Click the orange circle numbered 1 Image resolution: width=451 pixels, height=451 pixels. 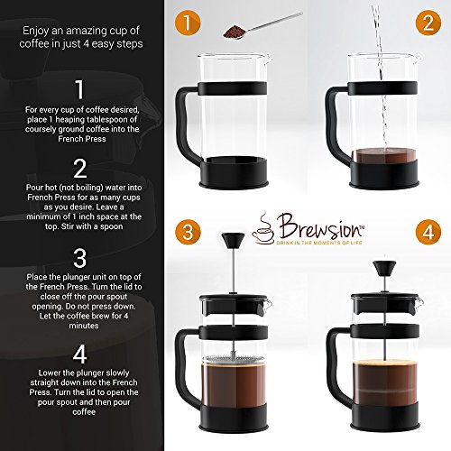point(188,23)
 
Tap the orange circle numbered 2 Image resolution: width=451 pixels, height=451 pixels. point(428,23)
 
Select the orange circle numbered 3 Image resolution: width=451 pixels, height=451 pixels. point(188,232)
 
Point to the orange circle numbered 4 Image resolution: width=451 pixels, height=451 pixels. point(428,232)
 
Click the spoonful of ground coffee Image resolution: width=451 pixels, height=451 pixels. point(235,32)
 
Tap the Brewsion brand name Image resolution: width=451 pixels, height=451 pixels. point(320,227)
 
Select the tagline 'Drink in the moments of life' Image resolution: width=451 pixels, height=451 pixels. point(319,243)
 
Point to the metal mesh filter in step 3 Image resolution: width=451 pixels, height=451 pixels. point(234,359)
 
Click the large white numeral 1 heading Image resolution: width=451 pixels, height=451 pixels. point(79,89)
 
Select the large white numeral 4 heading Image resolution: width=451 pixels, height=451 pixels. point(80,354)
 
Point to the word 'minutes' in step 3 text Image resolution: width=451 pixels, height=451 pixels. point(84,326)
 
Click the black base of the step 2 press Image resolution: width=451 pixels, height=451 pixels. point(384,175)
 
